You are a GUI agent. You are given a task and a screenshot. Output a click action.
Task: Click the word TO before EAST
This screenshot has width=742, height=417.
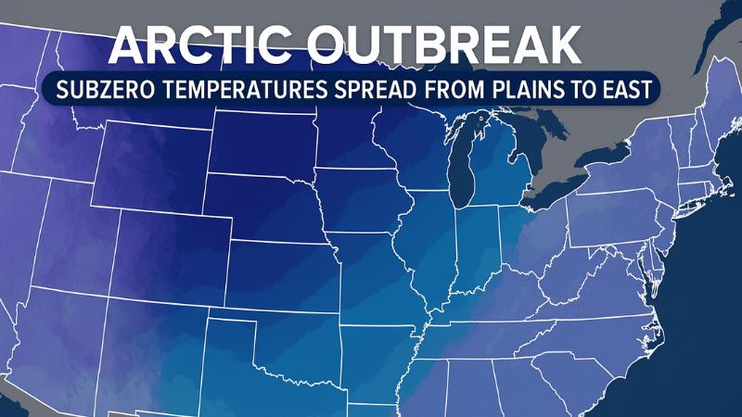(x=595, y=93)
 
